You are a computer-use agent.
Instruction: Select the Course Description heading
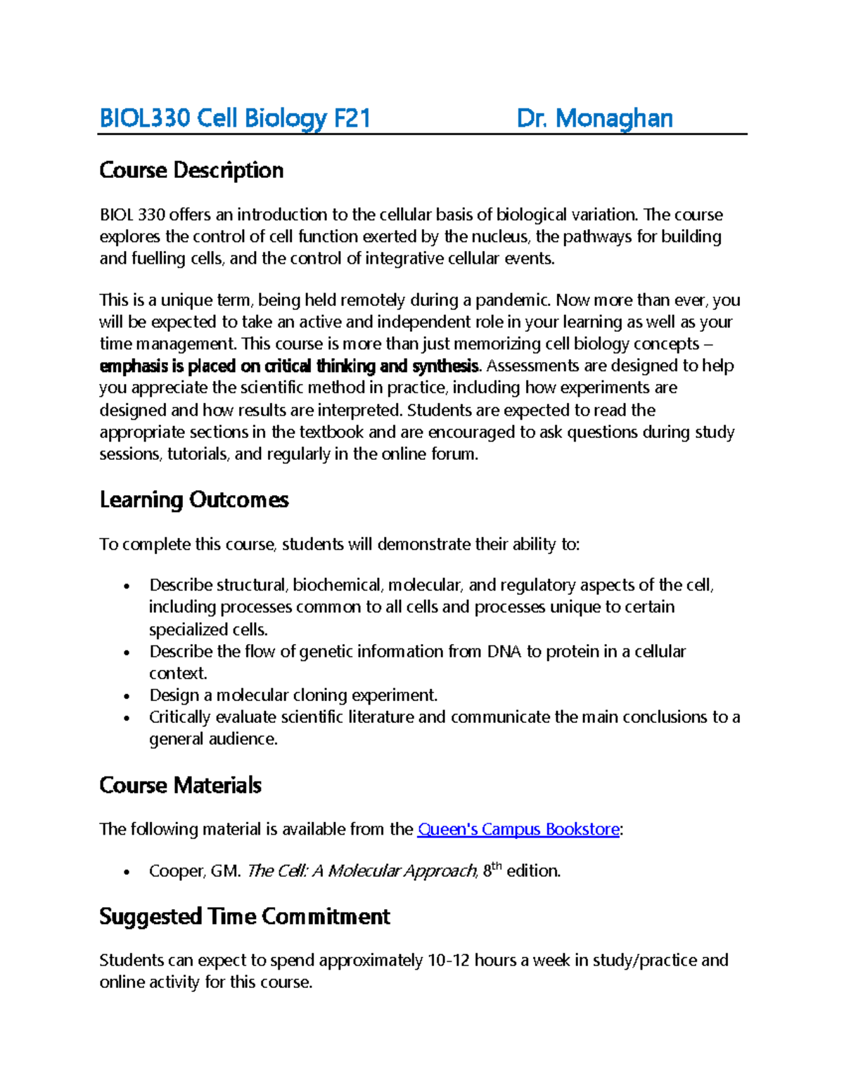(x=191, y=170)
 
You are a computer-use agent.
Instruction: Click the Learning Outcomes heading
(x=194, y=500)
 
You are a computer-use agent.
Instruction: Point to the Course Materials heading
(x=181, y=785)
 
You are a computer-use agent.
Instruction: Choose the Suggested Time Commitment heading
(x=245, y=917)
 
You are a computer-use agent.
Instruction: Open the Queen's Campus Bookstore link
(x=518, y=830)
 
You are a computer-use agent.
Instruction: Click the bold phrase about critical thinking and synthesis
(x=289, y=366)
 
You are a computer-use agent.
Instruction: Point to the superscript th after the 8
(x=497, y=867)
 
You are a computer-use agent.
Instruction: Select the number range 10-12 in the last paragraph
(x=449, y=961)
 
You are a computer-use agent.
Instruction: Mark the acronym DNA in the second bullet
(x=504, y=652)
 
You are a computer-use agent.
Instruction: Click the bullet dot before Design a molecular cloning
(x=127, y=696)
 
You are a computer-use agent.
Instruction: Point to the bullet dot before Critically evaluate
(x=127, y=718)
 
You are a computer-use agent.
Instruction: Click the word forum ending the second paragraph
(x=456, y=454)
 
